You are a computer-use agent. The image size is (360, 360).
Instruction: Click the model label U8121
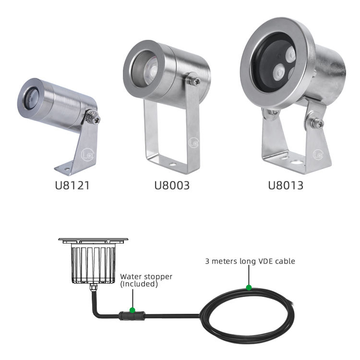(x=72, y=185)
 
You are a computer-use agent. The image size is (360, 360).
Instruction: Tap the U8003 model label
(x=172, y=185)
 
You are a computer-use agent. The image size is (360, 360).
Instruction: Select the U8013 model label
(x=286, y=185)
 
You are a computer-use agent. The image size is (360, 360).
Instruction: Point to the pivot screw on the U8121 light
(x=96, y=119)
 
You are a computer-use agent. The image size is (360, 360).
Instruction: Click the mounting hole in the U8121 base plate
(x=67, y=169)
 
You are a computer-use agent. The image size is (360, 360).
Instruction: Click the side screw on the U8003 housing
(x=195, y=81)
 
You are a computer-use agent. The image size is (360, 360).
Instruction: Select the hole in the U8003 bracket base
(x=172, y=164)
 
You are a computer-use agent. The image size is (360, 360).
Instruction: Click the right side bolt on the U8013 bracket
(x=318, y=123)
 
